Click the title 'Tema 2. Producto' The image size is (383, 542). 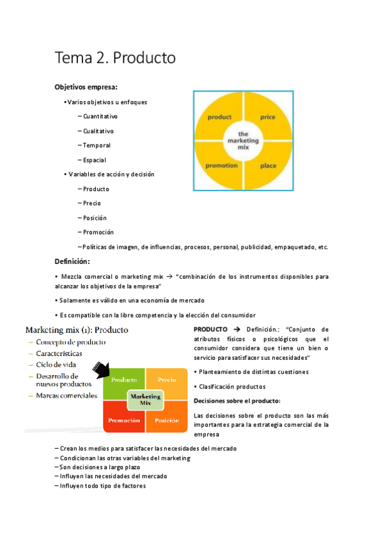[115, 59]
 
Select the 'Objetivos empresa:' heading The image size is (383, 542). [86, 87]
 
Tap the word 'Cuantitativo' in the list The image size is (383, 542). [100, 116]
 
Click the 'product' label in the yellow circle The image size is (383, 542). [219, 118]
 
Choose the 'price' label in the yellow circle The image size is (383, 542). [268, 118]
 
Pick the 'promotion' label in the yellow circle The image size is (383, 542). [221, 166]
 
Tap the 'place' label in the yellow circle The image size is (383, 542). [268, 166]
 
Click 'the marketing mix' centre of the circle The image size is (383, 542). [244, 141]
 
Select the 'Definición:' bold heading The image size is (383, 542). [72, 261]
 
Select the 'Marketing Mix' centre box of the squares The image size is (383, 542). [145, 400]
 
